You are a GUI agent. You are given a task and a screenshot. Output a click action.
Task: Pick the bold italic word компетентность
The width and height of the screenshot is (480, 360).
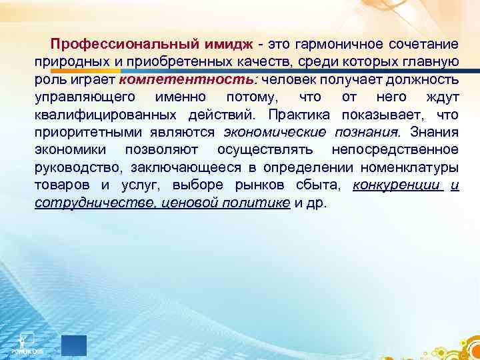175,81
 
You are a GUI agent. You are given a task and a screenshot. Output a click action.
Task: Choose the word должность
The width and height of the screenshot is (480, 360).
427,81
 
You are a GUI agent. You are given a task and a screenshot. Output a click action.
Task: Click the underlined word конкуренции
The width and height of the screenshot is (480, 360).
397,185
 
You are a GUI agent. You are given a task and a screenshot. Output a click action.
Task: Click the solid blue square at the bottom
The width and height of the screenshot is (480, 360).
74,345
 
